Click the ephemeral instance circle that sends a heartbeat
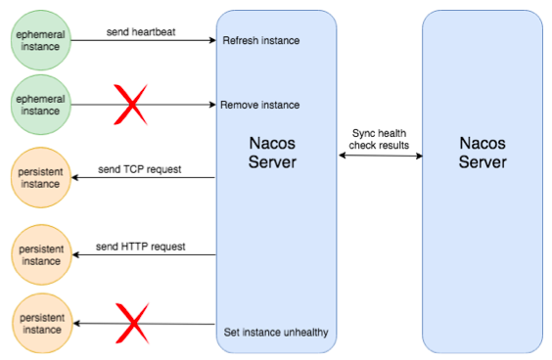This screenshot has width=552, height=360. [x=40, y=40]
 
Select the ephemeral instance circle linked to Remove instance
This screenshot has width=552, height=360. [x=40, y=105]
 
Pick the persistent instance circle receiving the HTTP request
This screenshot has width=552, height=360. [x=40, y=255]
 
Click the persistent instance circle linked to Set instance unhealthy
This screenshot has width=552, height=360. [x=40, y=324]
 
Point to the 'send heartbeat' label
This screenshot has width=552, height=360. [x=141, y=32]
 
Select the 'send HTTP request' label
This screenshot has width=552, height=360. [x=141, y=247]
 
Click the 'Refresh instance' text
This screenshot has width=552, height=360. [x=260, y=40]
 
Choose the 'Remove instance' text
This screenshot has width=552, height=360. [x=260, y=105]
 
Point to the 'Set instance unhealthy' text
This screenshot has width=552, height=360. [x=276, y=333]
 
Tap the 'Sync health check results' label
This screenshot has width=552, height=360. [x=380, y=139]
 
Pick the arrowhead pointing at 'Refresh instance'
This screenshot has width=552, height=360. [x=210, y=40]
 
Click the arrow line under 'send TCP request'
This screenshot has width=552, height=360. [x=147, y=178]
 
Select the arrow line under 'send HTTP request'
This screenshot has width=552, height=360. [x=147, y=255]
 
